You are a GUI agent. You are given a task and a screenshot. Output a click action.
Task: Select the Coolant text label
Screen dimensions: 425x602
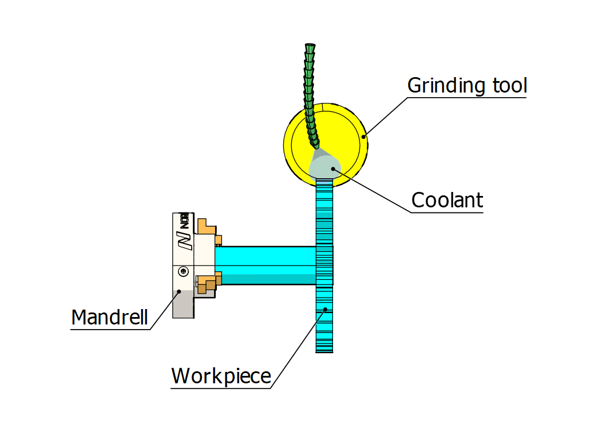447,201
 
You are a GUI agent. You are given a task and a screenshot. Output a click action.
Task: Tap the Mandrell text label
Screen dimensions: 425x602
109,316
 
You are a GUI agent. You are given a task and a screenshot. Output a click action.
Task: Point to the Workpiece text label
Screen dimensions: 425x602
221,376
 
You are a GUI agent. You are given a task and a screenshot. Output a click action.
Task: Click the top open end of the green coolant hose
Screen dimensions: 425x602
310,45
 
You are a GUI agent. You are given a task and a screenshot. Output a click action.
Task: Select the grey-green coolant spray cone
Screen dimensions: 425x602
323,164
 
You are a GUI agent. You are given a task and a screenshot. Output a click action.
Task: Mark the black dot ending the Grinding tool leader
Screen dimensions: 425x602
363,136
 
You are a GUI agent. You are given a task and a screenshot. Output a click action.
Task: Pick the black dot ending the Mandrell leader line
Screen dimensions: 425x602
179,291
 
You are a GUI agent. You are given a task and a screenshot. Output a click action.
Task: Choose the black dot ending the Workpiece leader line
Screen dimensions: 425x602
325,309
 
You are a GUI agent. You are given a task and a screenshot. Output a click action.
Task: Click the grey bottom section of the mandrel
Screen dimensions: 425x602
183,305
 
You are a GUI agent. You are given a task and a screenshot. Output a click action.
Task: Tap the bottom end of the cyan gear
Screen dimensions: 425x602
324,350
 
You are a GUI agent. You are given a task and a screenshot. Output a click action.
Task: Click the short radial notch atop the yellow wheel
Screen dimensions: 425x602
323,107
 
